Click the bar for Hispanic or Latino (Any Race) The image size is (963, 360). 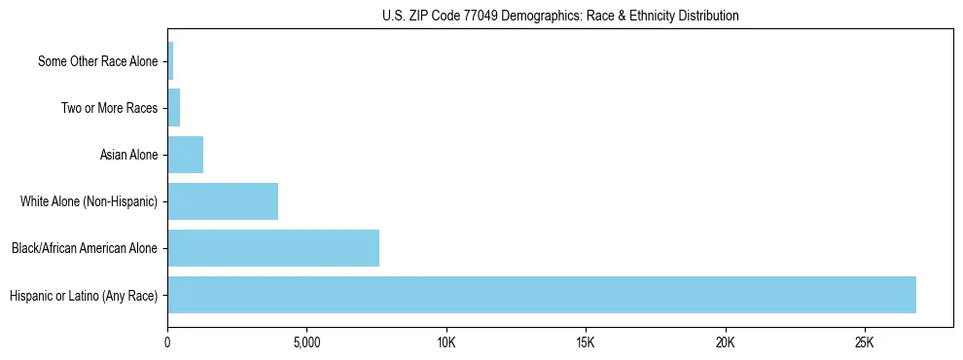pyautogui.click(x=542, y=295)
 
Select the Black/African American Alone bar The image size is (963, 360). pyautogui.click(x=273, y=248)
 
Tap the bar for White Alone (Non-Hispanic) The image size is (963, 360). pyautogui.click(x=223, y=201)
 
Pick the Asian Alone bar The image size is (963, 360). pyautogui.click(x=186, y=155)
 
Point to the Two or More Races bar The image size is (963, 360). pyautogui.click(x=174, y=108)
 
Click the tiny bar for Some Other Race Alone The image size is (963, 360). pyautogui.click(x=170, y=61)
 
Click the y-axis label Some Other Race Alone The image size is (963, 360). pyautogui.click(x=97, y=61)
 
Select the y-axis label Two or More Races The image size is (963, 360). pyautogui.click(x=109, y=108)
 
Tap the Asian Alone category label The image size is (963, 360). pyautogui.click(x=128, y=155)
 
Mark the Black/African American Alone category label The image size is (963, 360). pyautogui.click(x=84, y=248)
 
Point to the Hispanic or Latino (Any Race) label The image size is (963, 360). pyautogui.click(x=83, y=295)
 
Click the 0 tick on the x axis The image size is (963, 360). pyautogui.click(x=167, y=343)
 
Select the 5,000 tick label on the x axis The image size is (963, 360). pyautogui.click(x=306, y=343)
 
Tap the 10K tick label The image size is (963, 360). pyautogui.click(x=446, y=343)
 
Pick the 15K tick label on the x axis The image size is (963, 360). pyautogui.click(x=586, y=343)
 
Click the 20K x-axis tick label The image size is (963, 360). pyautogui.click(x=726, y=343)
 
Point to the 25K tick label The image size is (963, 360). pyautogui.click(x=865, y=343)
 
